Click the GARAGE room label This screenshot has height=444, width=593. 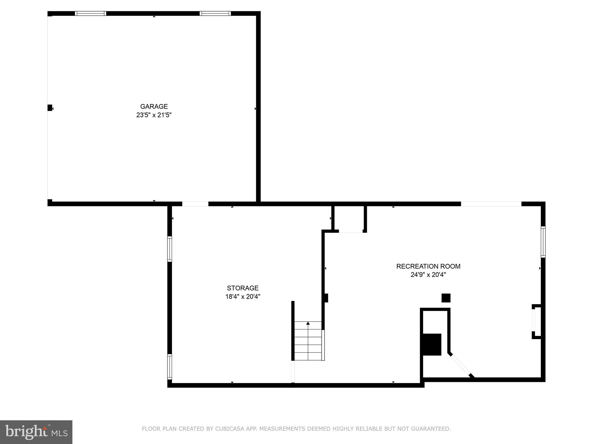click(x=154, y=106)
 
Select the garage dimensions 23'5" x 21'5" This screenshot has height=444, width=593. click(x=154, y=115)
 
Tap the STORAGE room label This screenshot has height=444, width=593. click(x=243, y=288)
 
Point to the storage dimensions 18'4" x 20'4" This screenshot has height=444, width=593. click(x=243, y=297)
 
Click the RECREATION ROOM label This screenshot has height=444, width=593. click(x=428, y=266)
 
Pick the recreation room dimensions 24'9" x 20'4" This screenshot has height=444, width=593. click(x=428, y=275)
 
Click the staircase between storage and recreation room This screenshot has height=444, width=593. click(x=308, y=341)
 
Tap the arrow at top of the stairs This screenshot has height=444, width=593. click(x=308, y=323)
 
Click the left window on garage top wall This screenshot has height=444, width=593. click(x=91, y=13)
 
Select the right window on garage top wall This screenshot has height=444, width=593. click(x=215, y=13)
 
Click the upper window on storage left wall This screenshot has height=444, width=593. click(x=170, y=249)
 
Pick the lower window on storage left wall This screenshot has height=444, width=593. click(x=170, y=367)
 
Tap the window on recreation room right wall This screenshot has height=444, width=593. click(x=543, y=242)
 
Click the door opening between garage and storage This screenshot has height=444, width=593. click(x=195, y=204)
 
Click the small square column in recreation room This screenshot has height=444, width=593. click(x=446, y=298)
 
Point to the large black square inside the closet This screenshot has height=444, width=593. click(x=432, y=344)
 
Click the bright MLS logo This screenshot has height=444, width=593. click(x=36, y=432)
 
